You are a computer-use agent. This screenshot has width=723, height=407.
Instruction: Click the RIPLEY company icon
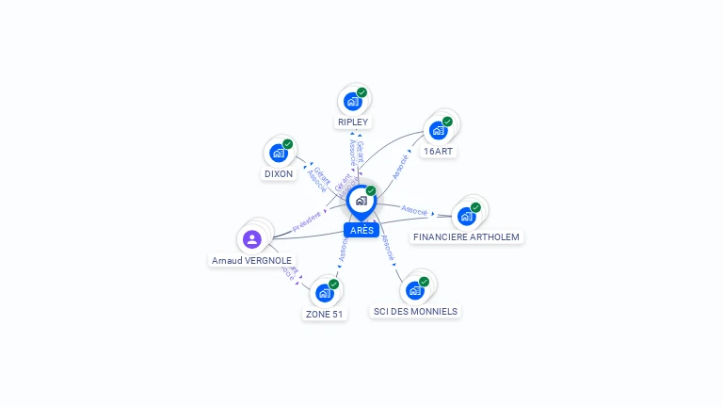[x=353, y=101]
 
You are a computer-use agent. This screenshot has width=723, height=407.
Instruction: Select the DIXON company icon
[x=279, y=153]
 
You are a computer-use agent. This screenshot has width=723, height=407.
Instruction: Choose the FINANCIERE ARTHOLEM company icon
[x=466, y=216]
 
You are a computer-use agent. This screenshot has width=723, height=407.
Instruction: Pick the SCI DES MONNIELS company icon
[x=415, y=290]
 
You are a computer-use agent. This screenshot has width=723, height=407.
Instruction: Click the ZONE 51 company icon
[x=325, y=293]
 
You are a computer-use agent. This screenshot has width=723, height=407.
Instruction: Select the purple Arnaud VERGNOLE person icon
[x=251, y=239]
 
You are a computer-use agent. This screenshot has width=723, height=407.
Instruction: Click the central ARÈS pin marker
[x=361, y=201]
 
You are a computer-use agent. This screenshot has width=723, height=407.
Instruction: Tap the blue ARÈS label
[x=361, y=231]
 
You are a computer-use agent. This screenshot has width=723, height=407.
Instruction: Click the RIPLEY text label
[x=353, y=122]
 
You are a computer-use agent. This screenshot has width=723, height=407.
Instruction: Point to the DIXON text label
[x=278, y=174]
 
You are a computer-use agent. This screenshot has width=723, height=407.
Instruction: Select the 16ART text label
[x=439, y=151]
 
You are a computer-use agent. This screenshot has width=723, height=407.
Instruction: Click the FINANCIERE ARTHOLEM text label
[x=466, y=237]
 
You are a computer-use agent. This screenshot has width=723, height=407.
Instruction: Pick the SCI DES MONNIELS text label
[x=415, y=312]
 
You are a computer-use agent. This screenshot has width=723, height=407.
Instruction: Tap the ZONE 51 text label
[x=324, y=315]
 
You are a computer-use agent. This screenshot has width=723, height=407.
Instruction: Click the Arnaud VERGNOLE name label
[x=251, y=261]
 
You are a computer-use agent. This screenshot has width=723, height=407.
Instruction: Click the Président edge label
[x=307, y=222]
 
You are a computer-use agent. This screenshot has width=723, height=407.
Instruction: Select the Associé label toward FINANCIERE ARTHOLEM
[x=414, y=210]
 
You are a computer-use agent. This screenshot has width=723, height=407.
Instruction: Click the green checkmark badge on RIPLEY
[x=361, y=92]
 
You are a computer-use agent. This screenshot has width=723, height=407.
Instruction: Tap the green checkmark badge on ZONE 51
[x=333, y=285]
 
